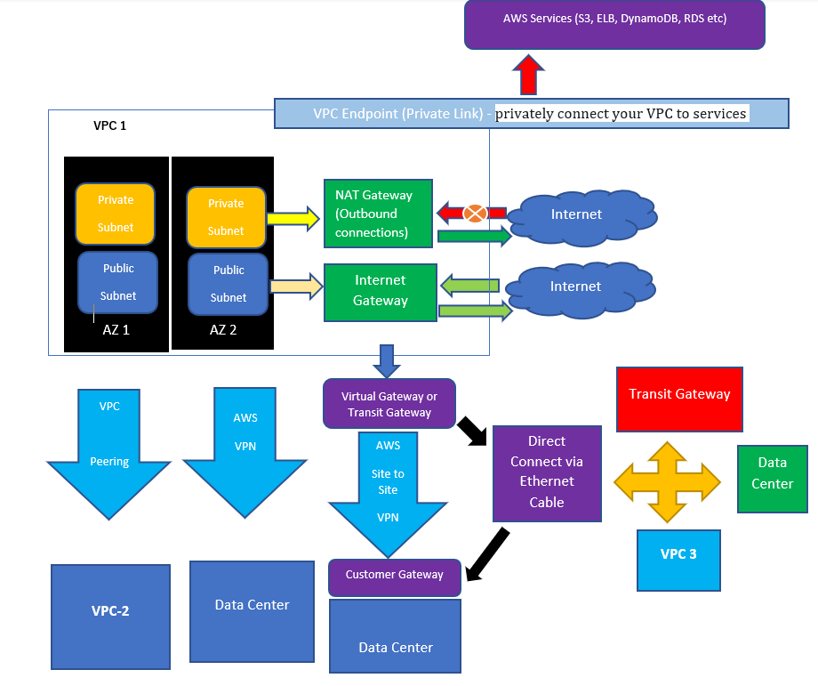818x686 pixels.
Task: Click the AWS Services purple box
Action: click(x=614, y=25)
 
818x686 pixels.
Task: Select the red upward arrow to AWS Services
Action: click(x=529, y=75)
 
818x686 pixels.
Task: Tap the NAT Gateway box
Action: click(x=379, y=214)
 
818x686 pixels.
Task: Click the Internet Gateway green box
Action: click(x=380, y=291)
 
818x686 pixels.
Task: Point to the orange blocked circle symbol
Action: click(x=476, y=214)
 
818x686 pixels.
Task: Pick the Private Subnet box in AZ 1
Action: click(x=116, y=214)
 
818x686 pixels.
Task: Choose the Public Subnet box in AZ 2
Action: click(x=229, y=284)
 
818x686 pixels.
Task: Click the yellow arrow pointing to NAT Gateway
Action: click(x=292, y=217)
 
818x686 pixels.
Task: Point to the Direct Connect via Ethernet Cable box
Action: click(x=547, y=472)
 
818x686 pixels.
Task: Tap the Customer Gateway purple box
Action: click(x=395, y=577)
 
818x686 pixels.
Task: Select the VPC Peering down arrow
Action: click(x=109, y=449)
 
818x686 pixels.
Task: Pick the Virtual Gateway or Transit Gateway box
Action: click(x=389, y=405)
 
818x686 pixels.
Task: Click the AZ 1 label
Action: click(x=116, y=329)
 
